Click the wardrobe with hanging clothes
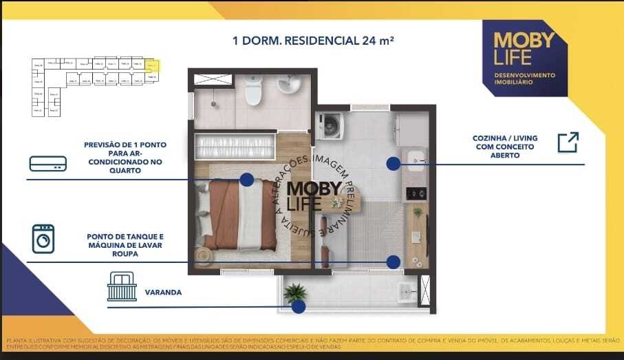[x=234, y=147]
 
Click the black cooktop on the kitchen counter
[x=416, y=193]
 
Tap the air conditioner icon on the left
[x=47, y=163]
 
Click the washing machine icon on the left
[x=43, y=239]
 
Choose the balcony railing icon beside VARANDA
[x=122, y=286]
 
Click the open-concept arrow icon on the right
[x=568, y=142]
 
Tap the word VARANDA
[x=163, y=293]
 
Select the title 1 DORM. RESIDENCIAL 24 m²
[x=313, y=41]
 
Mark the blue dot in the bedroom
[x=246, y=180]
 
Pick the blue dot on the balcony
[x=299, y=307]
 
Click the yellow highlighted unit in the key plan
[x=154, y=67]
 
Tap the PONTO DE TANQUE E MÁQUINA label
[x=125, y=245]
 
